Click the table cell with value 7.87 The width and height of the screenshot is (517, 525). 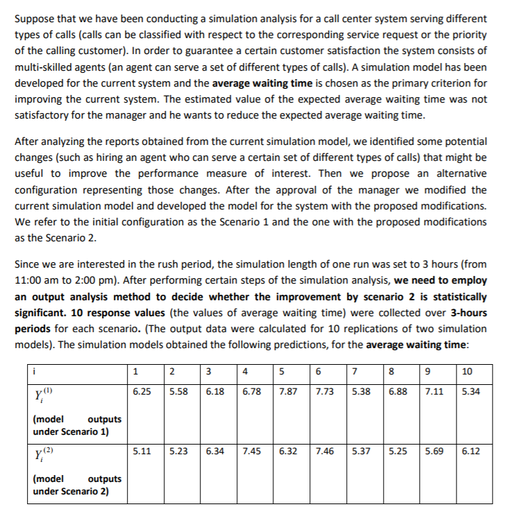point(288,392)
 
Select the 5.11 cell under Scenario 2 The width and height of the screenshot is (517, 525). point(142,451)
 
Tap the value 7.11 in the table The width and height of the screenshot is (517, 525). point(434,392)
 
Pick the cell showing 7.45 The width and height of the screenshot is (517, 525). point(251,451)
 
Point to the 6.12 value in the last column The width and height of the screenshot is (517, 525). point(471,451)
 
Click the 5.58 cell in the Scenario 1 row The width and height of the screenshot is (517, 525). point(178,392)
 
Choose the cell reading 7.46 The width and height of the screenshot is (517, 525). point(324,451)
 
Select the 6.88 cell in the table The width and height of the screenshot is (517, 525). point(397,392)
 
